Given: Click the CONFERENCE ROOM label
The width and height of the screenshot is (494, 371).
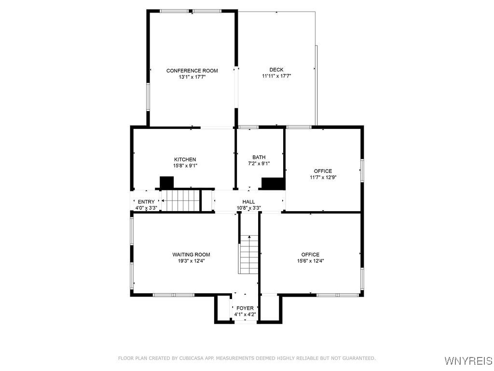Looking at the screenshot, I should (x=192, y=71).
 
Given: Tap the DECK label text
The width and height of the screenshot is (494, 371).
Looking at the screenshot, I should (x=276, y=70).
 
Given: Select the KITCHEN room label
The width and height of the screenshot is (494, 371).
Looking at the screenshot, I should (x=185, y=159).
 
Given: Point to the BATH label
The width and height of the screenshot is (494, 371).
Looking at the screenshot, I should (x=259, y=157).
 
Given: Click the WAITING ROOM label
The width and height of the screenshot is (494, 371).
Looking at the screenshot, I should (x=192, y=255).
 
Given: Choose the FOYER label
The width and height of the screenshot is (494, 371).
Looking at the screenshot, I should (x=245, y=308).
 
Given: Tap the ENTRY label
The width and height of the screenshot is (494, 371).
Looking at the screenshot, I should (x=146, y=202).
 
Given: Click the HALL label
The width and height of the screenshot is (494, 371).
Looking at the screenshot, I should (x=249, y=202).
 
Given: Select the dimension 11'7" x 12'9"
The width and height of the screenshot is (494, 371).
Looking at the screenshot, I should (x=323, y=177).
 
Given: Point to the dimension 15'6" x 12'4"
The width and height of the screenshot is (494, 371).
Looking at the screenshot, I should (x=310, y=261).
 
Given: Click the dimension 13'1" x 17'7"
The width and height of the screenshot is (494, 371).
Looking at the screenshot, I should (x=192, y=77).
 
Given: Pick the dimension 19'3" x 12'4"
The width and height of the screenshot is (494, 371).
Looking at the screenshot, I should (x=192, y=261).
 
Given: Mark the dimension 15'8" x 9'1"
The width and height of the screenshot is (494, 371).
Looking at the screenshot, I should (x=185, y=166).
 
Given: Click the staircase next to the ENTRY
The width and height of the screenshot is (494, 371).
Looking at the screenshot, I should (x=180, y=200).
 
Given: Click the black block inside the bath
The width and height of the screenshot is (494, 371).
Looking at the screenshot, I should (x=273, y=184).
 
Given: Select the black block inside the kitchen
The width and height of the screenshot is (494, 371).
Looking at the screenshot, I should (x=166, y=183).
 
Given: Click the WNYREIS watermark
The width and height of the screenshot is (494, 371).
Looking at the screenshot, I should (x=468, y=361).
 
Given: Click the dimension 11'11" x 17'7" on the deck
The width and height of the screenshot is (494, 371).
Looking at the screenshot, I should (x=276, y=76).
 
